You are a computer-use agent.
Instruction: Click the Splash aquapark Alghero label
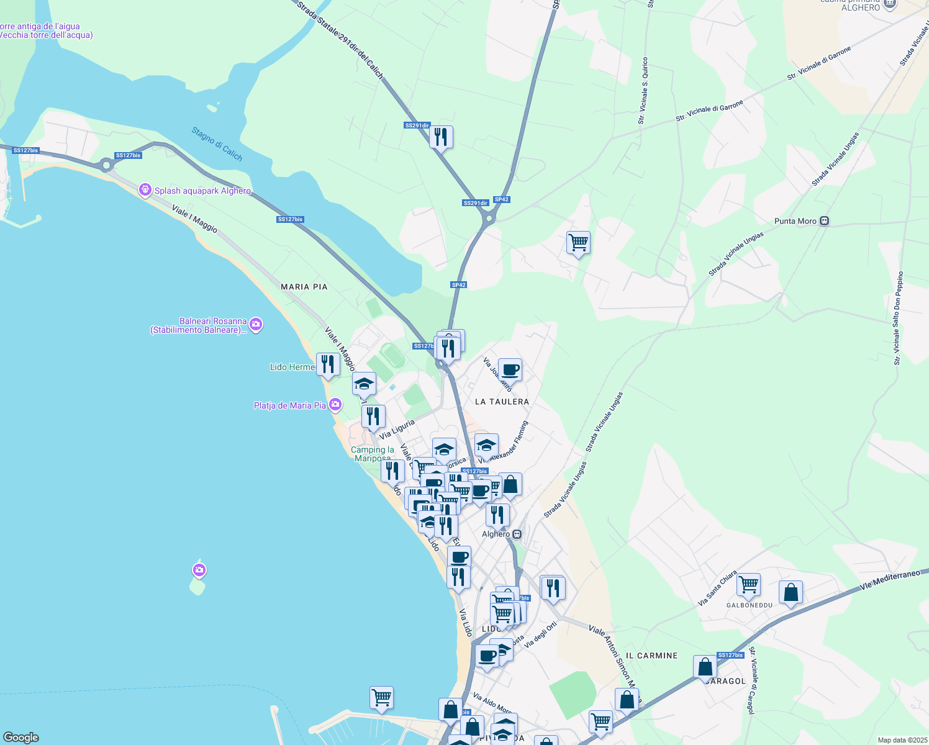(202, 191)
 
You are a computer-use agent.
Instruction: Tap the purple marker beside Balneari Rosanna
(256, 325)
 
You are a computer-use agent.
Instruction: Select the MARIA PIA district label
(304, 287)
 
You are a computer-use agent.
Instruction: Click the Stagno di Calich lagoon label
(217, 144)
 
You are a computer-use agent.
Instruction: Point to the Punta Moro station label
(795, 221)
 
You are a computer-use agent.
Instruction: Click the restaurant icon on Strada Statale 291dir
(441, 137)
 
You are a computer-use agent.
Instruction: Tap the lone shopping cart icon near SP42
(578, 243)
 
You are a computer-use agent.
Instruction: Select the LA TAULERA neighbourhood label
(502, 402)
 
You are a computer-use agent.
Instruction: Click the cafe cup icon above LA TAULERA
(510, 370)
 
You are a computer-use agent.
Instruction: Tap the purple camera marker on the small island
(199, 570)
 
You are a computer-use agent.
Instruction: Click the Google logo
(20, 738)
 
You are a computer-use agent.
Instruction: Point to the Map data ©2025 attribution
(902, 740)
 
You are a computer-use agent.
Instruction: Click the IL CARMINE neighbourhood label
(651, 656)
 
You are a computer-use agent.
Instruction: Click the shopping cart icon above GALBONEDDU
(748, 584)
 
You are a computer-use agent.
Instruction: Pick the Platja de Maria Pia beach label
(290, 405)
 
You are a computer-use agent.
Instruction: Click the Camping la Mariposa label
(373, 454)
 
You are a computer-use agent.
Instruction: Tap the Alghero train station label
(496, 534)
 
